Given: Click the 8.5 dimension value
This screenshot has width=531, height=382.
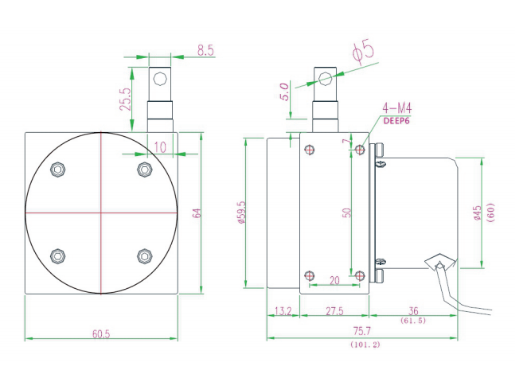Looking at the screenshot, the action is (x=206, y=50).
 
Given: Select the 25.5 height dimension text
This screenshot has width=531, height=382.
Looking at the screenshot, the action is (x=125, y=99).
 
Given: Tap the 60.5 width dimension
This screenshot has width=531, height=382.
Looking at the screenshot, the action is (x=101, y=334).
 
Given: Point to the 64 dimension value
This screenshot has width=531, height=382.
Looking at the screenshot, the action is (x=197, y=213).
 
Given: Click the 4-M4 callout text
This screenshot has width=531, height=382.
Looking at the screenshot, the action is (x=397, y=108).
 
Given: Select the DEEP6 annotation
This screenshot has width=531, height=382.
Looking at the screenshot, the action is (x=396, y=121).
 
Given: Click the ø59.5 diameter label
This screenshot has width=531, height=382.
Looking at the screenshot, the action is (x=242, y=212).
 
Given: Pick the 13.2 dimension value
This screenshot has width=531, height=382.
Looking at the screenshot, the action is (x=283, y=311).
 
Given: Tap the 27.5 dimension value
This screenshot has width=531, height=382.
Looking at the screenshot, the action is (x=334, y=311).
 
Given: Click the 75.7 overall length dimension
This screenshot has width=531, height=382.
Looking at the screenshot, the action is (x=362, y=331).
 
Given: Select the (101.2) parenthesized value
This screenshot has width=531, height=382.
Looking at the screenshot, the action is (x=365, y=345).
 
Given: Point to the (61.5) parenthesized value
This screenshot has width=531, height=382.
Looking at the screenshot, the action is (x=413, y=321).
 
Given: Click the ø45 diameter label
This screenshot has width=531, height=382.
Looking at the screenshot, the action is (x=478, y=213).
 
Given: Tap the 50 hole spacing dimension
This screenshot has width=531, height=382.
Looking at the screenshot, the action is (x=347, y=212).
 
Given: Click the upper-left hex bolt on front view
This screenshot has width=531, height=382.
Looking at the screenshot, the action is (x=57, y=170).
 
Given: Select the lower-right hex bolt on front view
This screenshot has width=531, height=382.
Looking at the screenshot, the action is (x=145, y=256).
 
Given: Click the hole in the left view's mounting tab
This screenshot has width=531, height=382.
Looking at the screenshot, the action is (x=160, y=79).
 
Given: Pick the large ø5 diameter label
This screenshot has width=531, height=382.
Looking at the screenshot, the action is (x=363, y=52).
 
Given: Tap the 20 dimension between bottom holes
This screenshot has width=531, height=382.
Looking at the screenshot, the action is (x=334, y=280).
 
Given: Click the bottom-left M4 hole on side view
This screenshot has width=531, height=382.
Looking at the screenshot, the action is (x=310, y=275).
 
